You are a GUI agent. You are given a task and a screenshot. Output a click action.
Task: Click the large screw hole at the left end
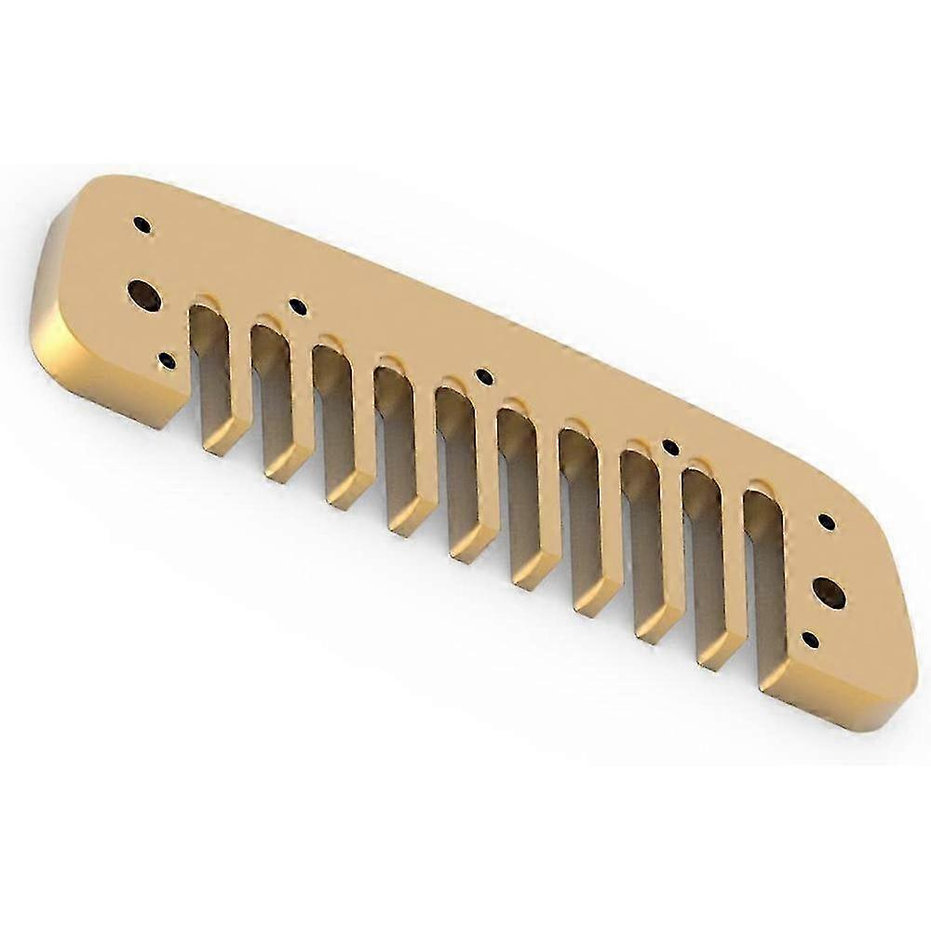click(144, 295)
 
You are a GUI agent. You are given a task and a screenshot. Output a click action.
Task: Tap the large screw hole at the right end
click(829, 593)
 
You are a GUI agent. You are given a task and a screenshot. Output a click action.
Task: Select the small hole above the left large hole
click(142, 224)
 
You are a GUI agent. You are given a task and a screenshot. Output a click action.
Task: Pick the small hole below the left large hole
click(167, 360)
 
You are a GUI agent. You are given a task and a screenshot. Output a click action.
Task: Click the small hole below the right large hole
click(811, 641)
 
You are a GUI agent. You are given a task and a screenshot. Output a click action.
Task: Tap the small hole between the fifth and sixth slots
click(484, 376)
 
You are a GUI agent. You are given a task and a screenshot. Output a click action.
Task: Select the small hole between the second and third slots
click(298, 305)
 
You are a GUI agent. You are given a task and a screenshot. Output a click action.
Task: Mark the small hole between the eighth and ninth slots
click(670, 448)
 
